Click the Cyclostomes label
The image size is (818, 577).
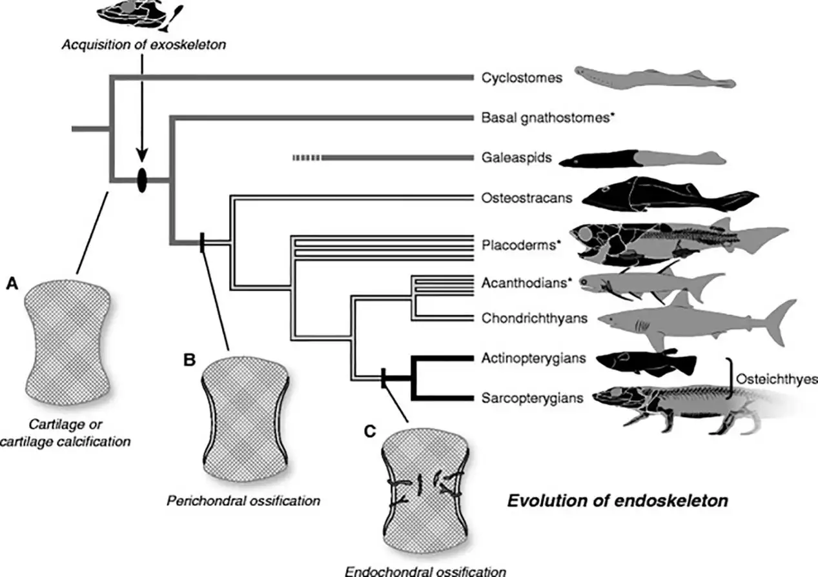coord(522,77)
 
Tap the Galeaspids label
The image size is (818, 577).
coord(516,157)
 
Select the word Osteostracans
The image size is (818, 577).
coord(527,197)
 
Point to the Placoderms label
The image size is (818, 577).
coord(518,245)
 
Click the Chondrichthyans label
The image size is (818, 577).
coord(535,318)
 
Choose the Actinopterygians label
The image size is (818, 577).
coord(533,358)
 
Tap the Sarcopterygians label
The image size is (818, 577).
coord(532,398)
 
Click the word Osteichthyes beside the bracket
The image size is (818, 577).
coord(777,380)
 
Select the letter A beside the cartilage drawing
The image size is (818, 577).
coord(12,283)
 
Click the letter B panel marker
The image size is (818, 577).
coord(190,360)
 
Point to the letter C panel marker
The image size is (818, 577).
coord(370,431)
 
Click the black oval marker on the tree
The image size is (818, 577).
coord(142,180)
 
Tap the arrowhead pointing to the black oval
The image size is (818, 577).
coord(142,155)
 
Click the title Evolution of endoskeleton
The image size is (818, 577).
coord(618,501)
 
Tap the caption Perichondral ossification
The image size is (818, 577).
coord(243,501)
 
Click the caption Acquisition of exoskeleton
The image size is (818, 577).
coord(144,45)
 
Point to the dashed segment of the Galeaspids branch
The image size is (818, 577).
coord(307,157)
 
